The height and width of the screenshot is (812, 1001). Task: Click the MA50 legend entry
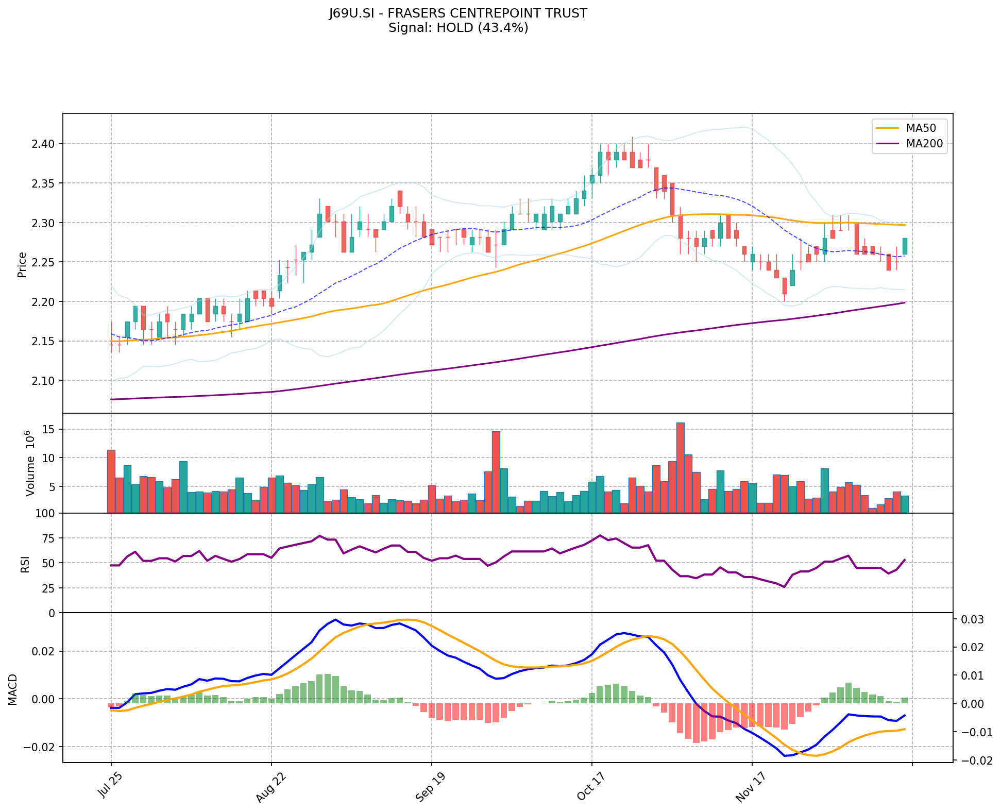(921, 128)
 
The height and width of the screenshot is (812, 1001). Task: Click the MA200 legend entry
(924, 144)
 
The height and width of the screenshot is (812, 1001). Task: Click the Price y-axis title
(22, 264)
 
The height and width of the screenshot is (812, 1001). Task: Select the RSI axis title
(25, 564)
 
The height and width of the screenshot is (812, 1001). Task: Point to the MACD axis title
(13, 689)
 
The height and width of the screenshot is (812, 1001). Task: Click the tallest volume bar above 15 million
(680, 467)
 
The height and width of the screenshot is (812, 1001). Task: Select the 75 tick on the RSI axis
(47, 538)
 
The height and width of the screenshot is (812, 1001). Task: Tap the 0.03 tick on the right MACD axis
(971, 619)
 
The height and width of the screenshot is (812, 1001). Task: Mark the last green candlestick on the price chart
(904, 246)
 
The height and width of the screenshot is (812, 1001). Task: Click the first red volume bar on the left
(111, 481)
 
